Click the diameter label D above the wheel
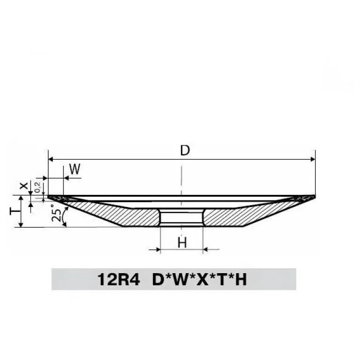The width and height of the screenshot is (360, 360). (185, 150)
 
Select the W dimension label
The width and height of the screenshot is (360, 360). (75, 169)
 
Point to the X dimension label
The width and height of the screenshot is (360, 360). (24, 186)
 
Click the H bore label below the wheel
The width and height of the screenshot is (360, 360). (182, 243)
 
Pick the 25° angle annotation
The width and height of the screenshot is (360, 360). (56, 213)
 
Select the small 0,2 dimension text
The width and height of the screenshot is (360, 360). (38, 187)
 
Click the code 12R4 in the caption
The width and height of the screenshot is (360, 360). (118, 279)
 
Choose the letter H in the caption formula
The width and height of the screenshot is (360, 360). (241, 279)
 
